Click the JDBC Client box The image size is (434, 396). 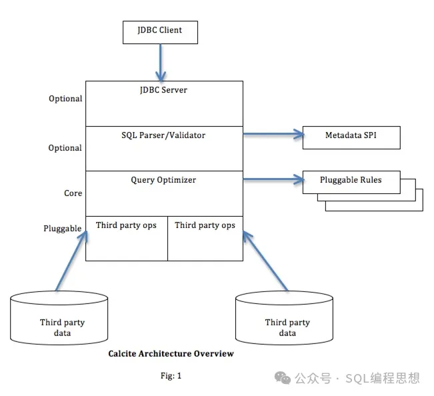(160, 31)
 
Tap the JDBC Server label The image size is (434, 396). (164, 89)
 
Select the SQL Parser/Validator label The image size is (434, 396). (164, 135)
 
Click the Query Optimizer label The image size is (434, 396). (164, 179)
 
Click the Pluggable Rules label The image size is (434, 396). (351, 181)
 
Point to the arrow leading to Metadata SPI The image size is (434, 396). (273, 135)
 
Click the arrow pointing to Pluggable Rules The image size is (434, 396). (273, 179)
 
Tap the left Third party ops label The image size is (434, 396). (126, 225)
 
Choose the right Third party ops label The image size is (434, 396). (205, 225)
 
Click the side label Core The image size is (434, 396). (73, 193)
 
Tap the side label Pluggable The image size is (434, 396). (63, 229)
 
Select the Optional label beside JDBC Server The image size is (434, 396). (65, 99)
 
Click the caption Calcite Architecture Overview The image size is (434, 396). (171, 354)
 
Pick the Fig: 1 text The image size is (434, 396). (171, 376)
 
